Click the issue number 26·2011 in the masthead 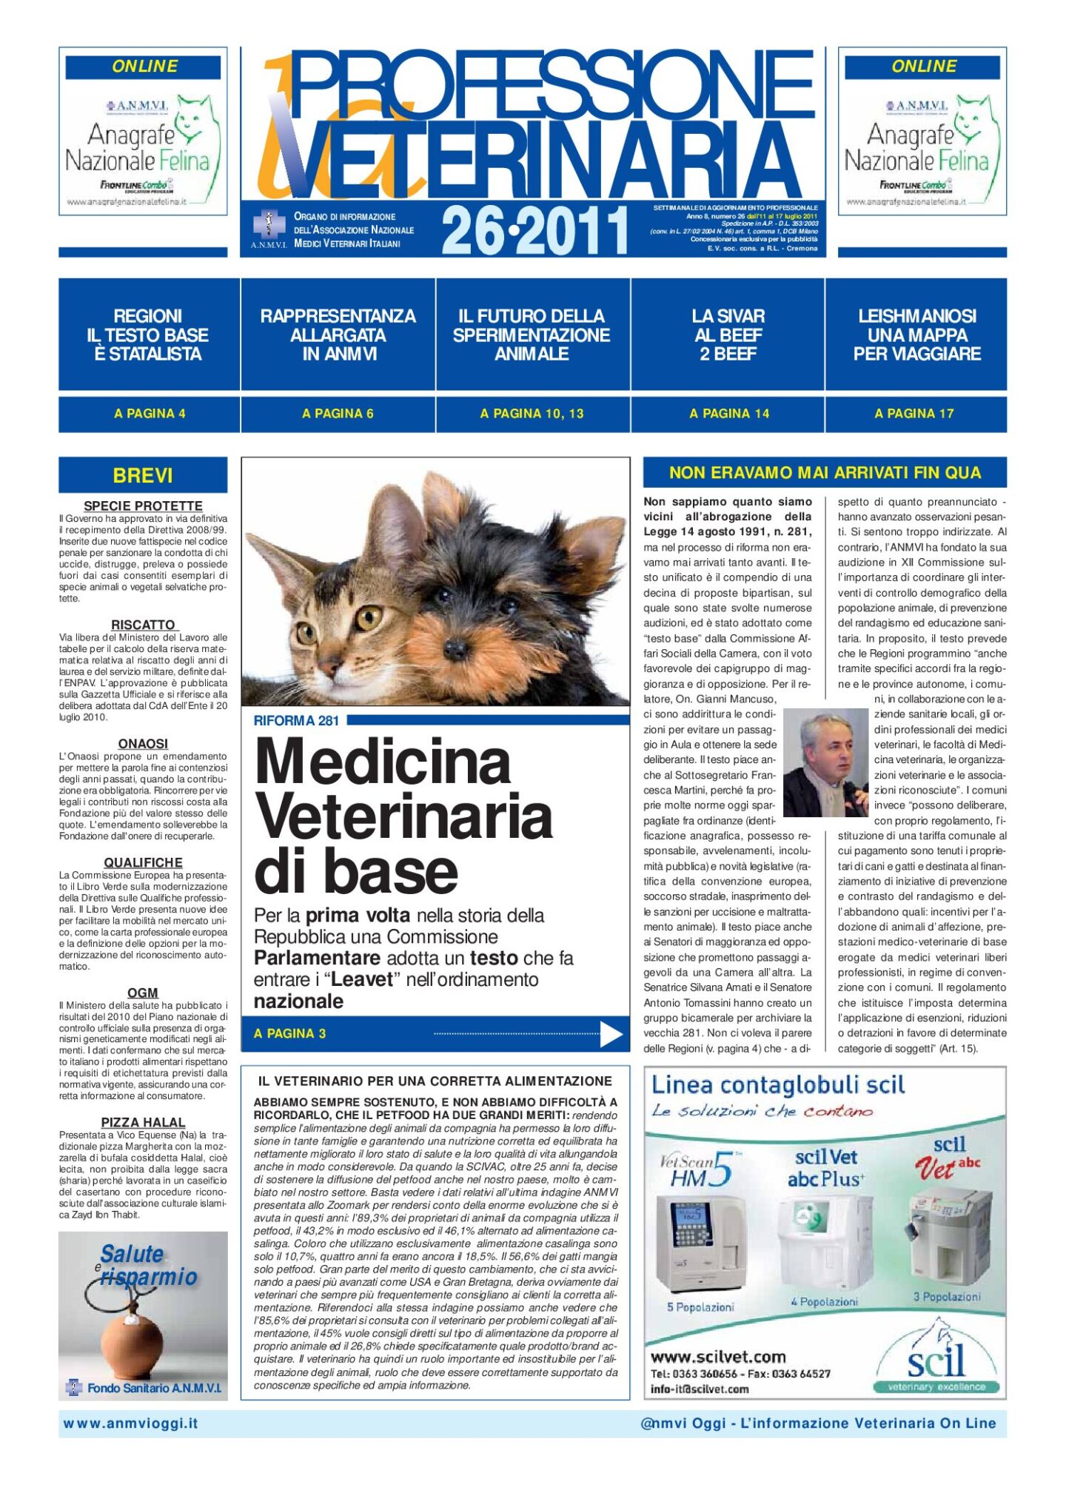point(534,230)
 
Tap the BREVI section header point(143,475)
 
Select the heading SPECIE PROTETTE point(143,506)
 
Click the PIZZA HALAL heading point(143,1122)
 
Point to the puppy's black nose point(455,649)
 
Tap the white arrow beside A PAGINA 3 point(611,1034)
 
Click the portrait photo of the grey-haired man point(825,762)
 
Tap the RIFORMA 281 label point(296,720)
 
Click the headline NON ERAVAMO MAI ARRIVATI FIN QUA point(825,472)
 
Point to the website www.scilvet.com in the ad point(717,1357)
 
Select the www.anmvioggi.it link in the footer point(131,1423)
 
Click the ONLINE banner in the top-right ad point(923,67)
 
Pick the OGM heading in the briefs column point(143,993)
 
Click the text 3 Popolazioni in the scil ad point(947,1296)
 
